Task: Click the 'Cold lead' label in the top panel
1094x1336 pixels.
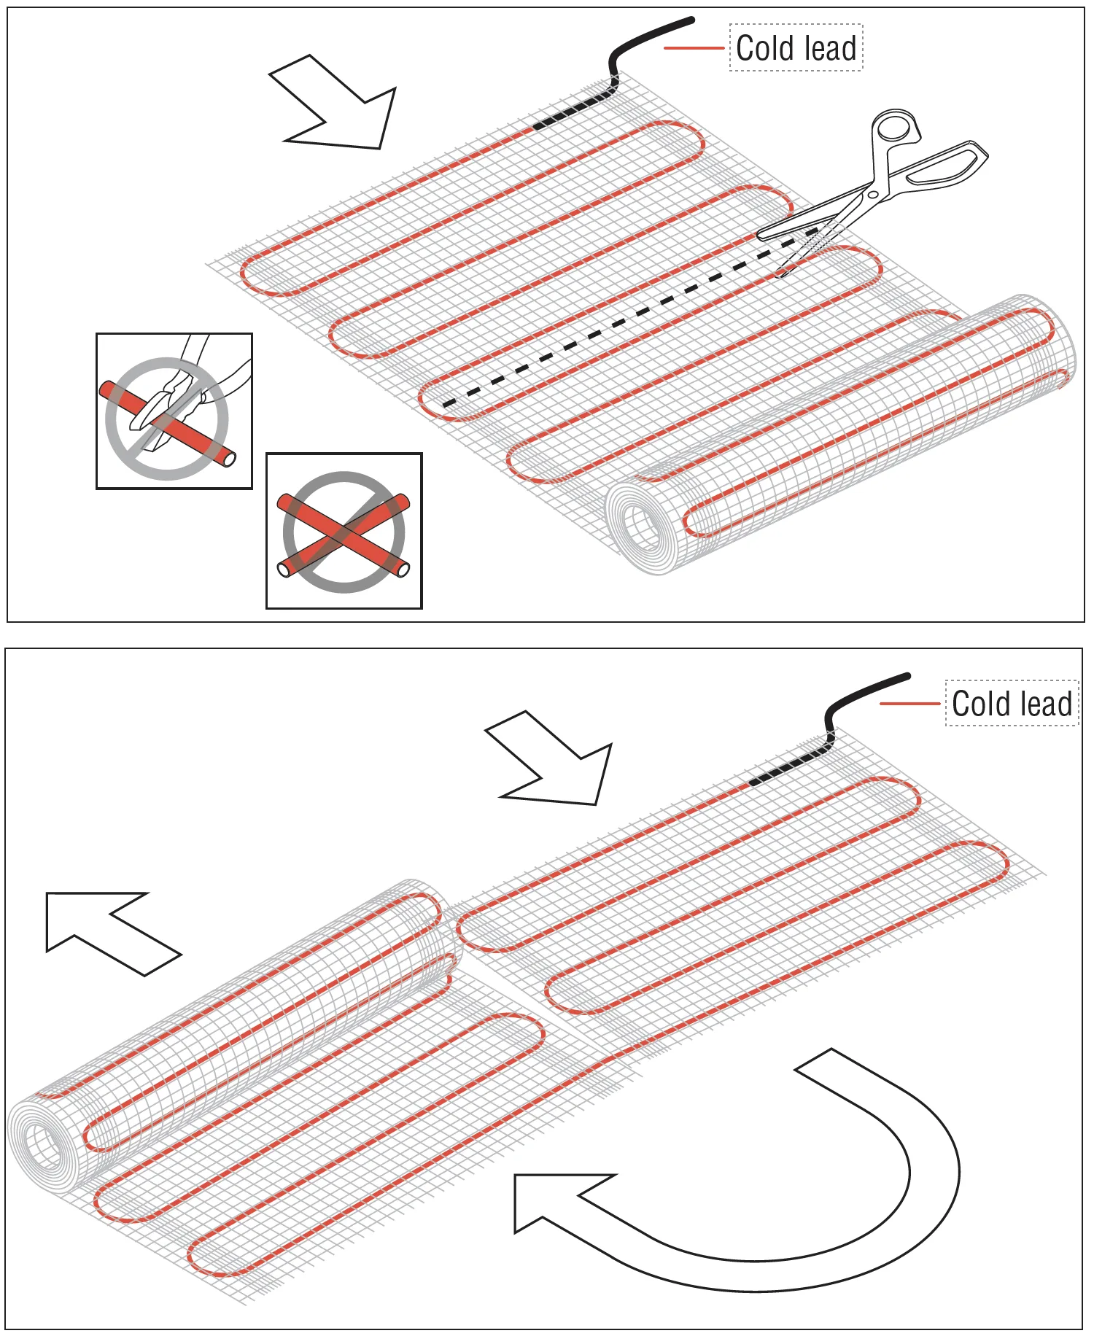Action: [x=796, y=48]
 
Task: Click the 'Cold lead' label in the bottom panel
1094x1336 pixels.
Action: [x=1012, y=704]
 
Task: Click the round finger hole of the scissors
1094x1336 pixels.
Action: [x=893, y=128]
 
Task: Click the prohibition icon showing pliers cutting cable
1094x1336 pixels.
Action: [x=174, y=411]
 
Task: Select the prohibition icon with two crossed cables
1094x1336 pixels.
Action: [x=344, y=531]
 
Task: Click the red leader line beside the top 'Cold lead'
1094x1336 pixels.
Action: [x=694, y=48]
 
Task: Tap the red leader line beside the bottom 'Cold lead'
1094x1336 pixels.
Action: [x=909, y=704]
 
